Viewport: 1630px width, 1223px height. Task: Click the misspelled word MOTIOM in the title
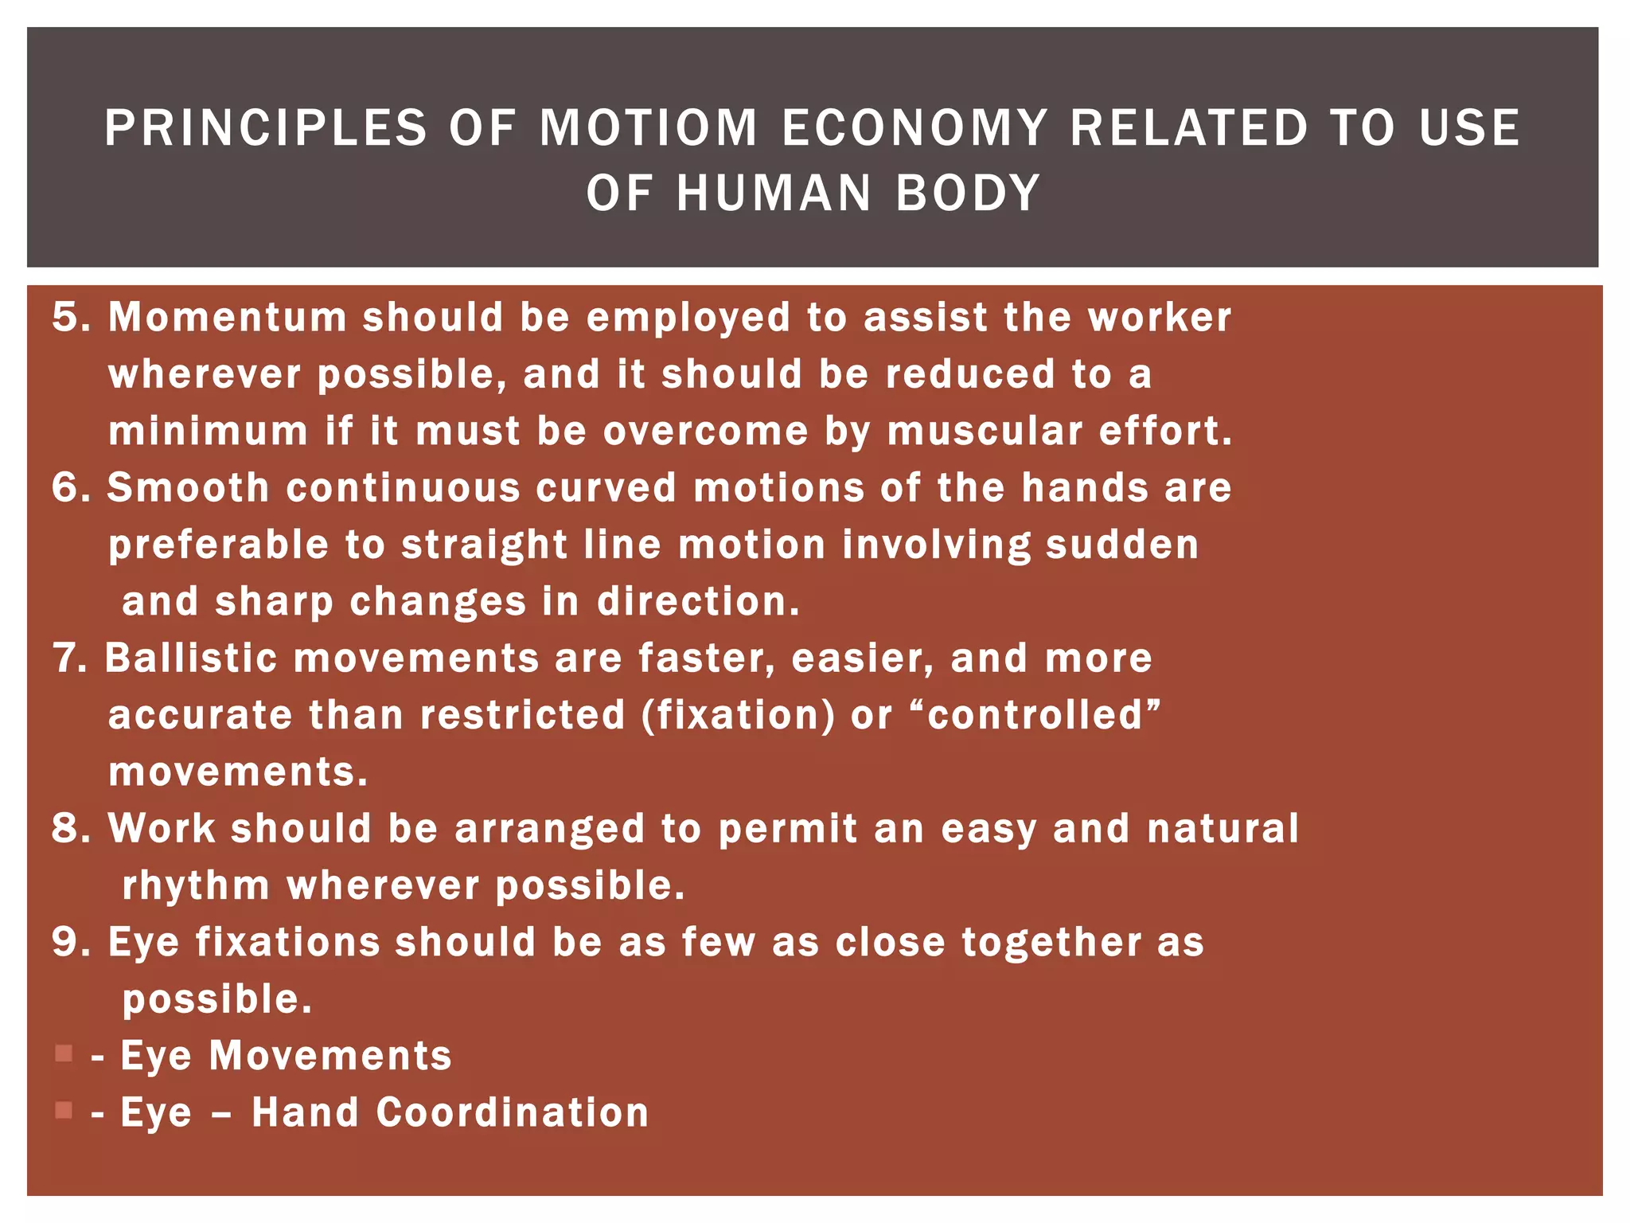tap(649, 127)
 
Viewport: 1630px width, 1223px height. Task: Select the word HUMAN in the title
tap(774, 193)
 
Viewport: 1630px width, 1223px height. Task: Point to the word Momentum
tap(228, 317)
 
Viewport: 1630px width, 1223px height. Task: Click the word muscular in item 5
tap(985, 431)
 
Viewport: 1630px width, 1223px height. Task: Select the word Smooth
tap(189, 487)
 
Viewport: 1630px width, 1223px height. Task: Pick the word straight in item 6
tap(484, 545)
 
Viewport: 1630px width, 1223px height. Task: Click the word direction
tap(698, 601)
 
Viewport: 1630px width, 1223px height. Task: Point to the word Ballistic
tap(191, 658)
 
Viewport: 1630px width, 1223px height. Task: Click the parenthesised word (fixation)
tap(739, 715)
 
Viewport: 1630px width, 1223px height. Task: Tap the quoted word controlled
tap(1035, 715)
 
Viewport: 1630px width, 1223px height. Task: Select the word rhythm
tap(196, 885)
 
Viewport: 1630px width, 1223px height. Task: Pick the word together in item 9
tap(1051, 943)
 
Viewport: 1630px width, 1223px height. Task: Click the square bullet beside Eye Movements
tap(64, 1053)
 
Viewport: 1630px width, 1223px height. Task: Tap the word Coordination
tap(512, 1112)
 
